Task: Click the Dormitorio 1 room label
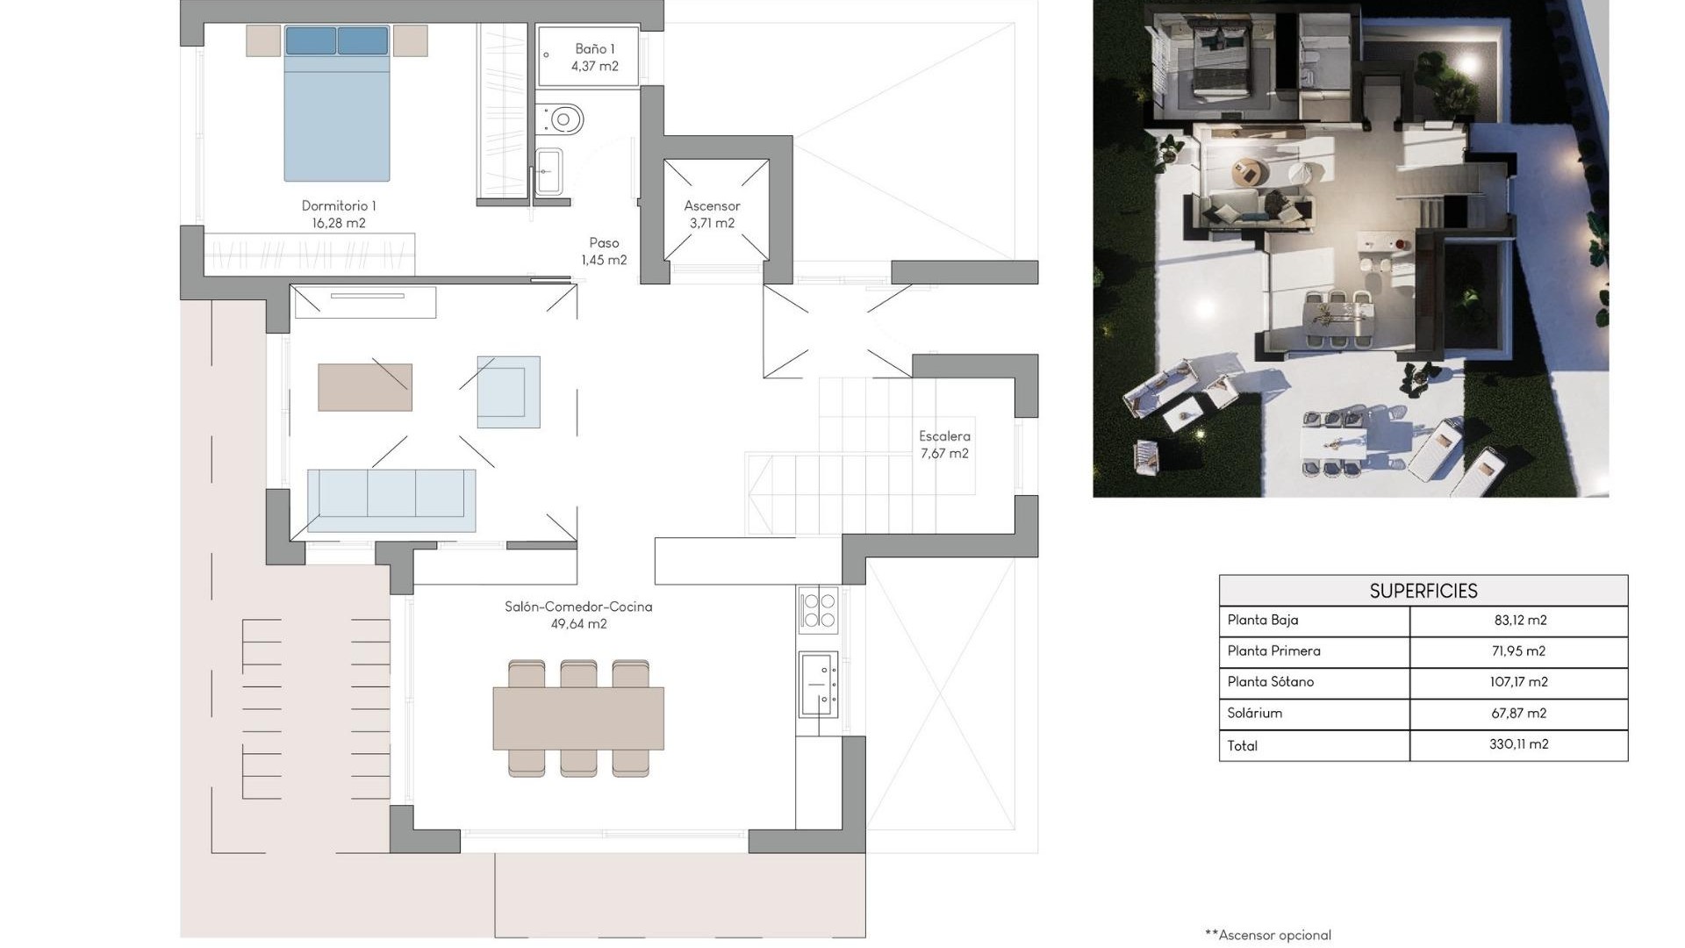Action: click(339, 214)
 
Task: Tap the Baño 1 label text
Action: click(595, 57)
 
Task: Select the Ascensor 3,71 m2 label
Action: click(712, 214)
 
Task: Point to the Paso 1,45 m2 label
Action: click(604, 251)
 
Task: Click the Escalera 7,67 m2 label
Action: click(944, 444)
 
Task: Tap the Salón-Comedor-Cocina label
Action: click(578, 614)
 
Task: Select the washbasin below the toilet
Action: click(549, 171)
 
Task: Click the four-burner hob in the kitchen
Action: click(818, 609)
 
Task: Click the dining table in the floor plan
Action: click(578, 718)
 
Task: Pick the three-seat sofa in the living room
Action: click(391, 500)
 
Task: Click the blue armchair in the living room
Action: click(508, 391)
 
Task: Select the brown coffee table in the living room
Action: click(364, 387)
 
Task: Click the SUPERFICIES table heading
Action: click(1423, 591)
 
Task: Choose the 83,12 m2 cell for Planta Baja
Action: click(1519, 620)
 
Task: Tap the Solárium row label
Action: click(1254, 713)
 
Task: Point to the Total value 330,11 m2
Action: click(1518, 744)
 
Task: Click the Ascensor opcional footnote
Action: click(1268, 935)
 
